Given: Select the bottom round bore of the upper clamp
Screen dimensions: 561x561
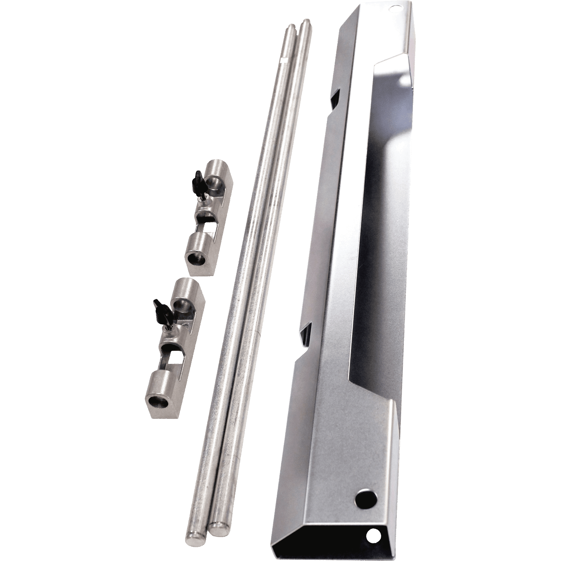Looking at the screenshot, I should (194, 258).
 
